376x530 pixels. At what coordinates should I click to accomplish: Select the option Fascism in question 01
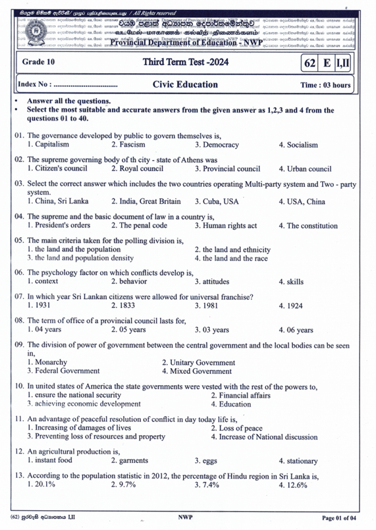click(x=128, y=144)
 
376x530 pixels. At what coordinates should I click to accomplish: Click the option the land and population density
click(x=80, y=258)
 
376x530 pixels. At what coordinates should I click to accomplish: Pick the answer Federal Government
click(x=63, y=371)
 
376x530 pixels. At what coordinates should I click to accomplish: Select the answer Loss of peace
click(x=236, y=428)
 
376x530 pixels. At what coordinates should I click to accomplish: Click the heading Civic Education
click(x=185, y=84)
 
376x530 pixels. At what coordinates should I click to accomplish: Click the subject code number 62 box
click(x=309, y=63)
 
